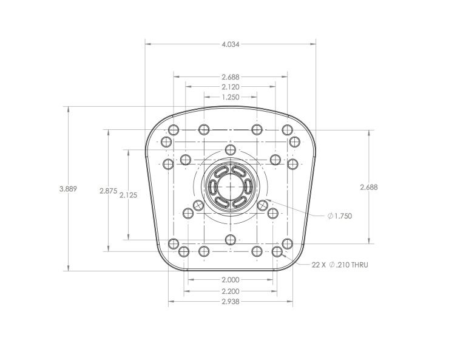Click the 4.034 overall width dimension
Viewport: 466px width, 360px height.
click(231, 44)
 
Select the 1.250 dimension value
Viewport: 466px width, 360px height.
click(231, 97)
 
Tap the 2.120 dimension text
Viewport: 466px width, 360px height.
click(231, 87)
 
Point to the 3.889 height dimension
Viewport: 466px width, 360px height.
click(68, 189)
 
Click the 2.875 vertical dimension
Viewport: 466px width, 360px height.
click(109, 191)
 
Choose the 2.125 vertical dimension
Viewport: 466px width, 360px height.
click(129, 195)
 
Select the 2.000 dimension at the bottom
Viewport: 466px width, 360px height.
click(231, 280)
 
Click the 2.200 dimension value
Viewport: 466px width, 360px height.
click(231, 291)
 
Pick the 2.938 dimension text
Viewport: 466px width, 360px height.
click(231, 302)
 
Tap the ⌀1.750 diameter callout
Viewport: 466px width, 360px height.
click(340, 216)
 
